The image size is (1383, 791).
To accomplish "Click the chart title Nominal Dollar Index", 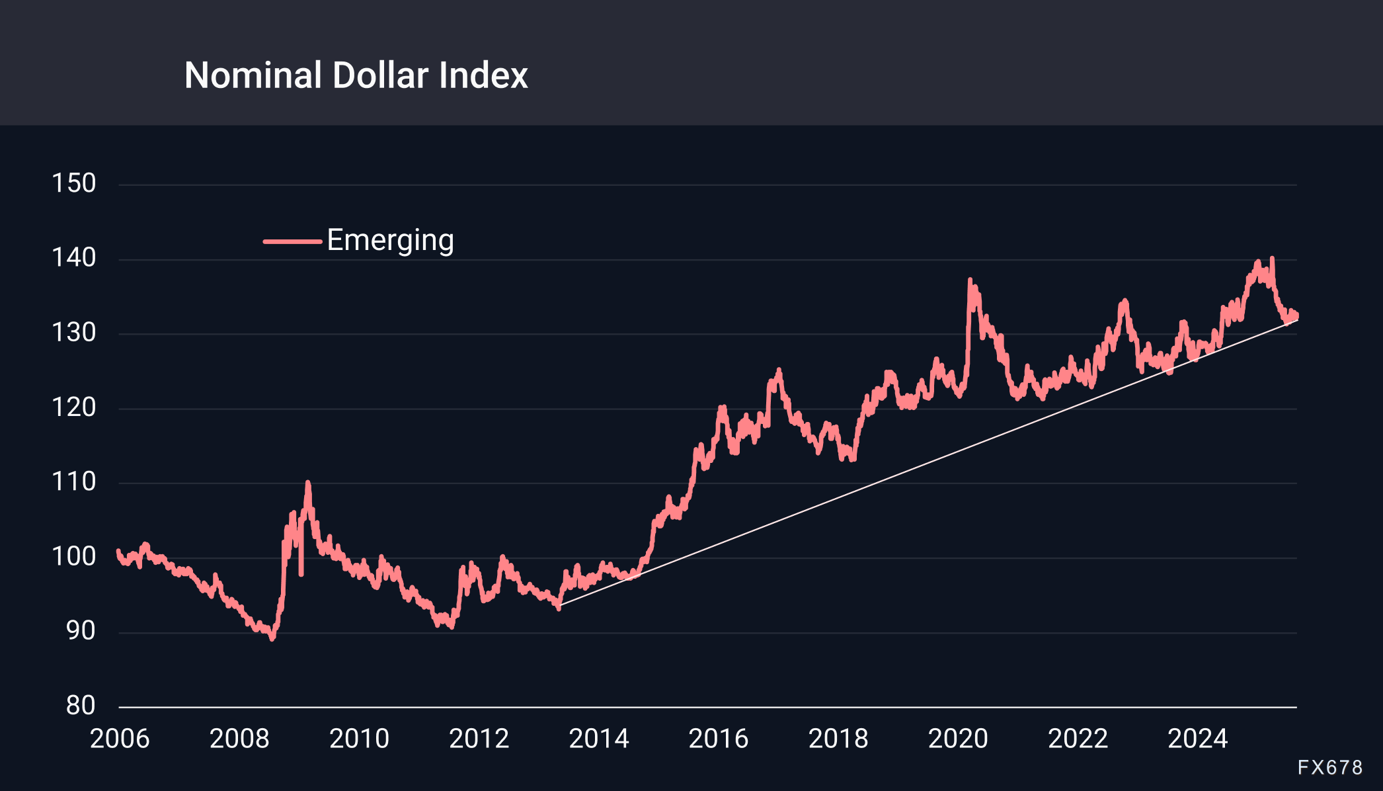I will (356, 75).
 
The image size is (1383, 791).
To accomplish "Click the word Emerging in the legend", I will (390, 240).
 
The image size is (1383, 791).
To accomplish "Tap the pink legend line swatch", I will (292, 241).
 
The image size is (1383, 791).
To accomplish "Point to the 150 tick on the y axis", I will (74, 183).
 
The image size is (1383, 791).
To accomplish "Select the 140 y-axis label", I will (74, 258).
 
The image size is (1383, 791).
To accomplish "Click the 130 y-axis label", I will (74, 333).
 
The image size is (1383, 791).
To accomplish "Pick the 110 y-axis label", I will (74, 482).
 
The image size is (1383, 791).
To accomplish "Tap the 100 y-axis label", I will (74, 557).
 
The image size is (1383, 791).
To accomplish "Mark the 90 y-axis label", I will (81, 632).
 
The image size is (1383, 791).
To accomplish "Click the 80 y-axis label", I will (81, 706).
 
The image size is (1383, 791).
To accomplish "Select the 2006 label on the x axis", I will (120, 739).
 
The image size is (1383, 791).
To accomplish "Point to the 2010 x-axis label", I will (359, 739).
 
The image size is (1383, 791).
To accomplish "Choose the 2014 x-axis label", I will (599, 739).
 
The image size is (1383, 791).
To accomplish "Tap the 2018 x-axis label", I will (838, 739).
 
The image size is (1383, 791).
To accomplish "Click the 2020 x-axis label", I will (958, 739).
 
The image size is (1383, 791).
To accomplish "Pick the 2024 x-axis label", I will (1197, 739).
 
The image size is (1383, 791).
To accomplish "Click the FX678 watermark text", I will (1329, 767).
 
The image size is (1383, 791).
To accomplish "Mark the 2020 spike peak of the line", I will (970, 280).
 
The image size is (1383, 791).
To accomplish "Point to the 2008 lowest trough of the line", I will (272, 638).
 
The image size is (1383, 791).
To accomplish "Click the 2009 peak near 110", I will (307, 483).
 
